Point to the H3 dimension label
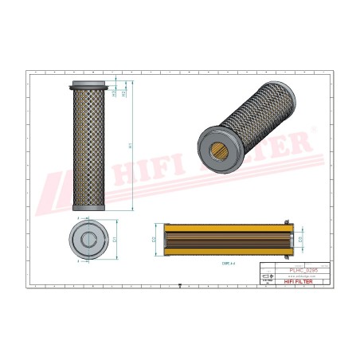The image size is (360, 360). click(x=114, y=93)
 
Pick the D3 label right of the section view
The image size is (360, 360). click(x=302, y=238)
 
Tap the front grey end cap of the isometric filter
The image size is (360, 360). click(x=215, y=150)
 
